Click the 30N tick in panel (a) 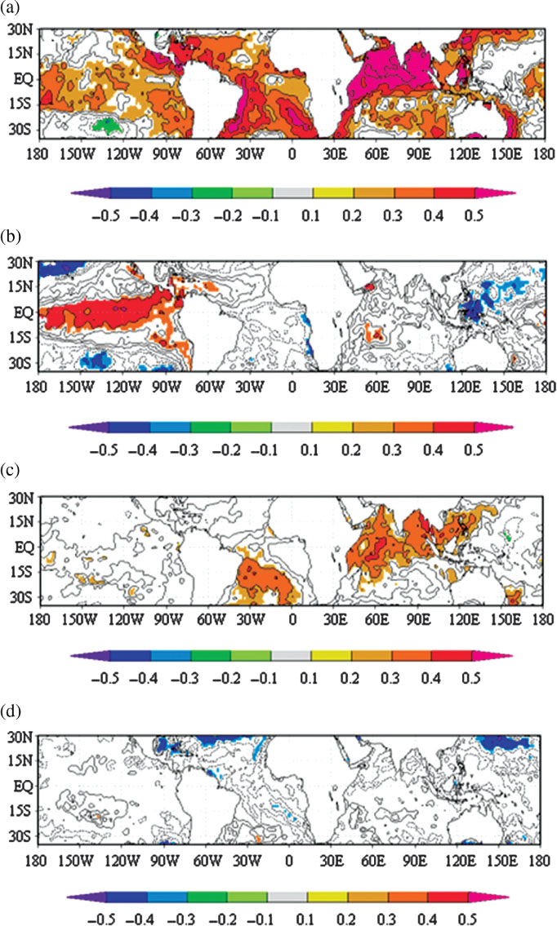click(20, 29)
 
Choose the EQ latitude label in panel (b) click(24, 312)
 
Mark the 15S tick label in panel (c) click(21, 571)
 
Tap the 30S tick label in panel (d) click(20, 835)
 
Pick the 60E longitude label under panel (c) click(377, 620)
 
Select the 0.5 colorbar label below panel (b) click(473, 450)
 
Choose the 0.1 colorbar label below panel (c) click(309, 677)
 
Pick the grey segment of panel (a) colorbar click(292, 193)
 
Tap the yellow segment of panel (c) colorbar click(331, 655)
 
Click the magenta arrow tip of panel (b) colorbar click(511, 427)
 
